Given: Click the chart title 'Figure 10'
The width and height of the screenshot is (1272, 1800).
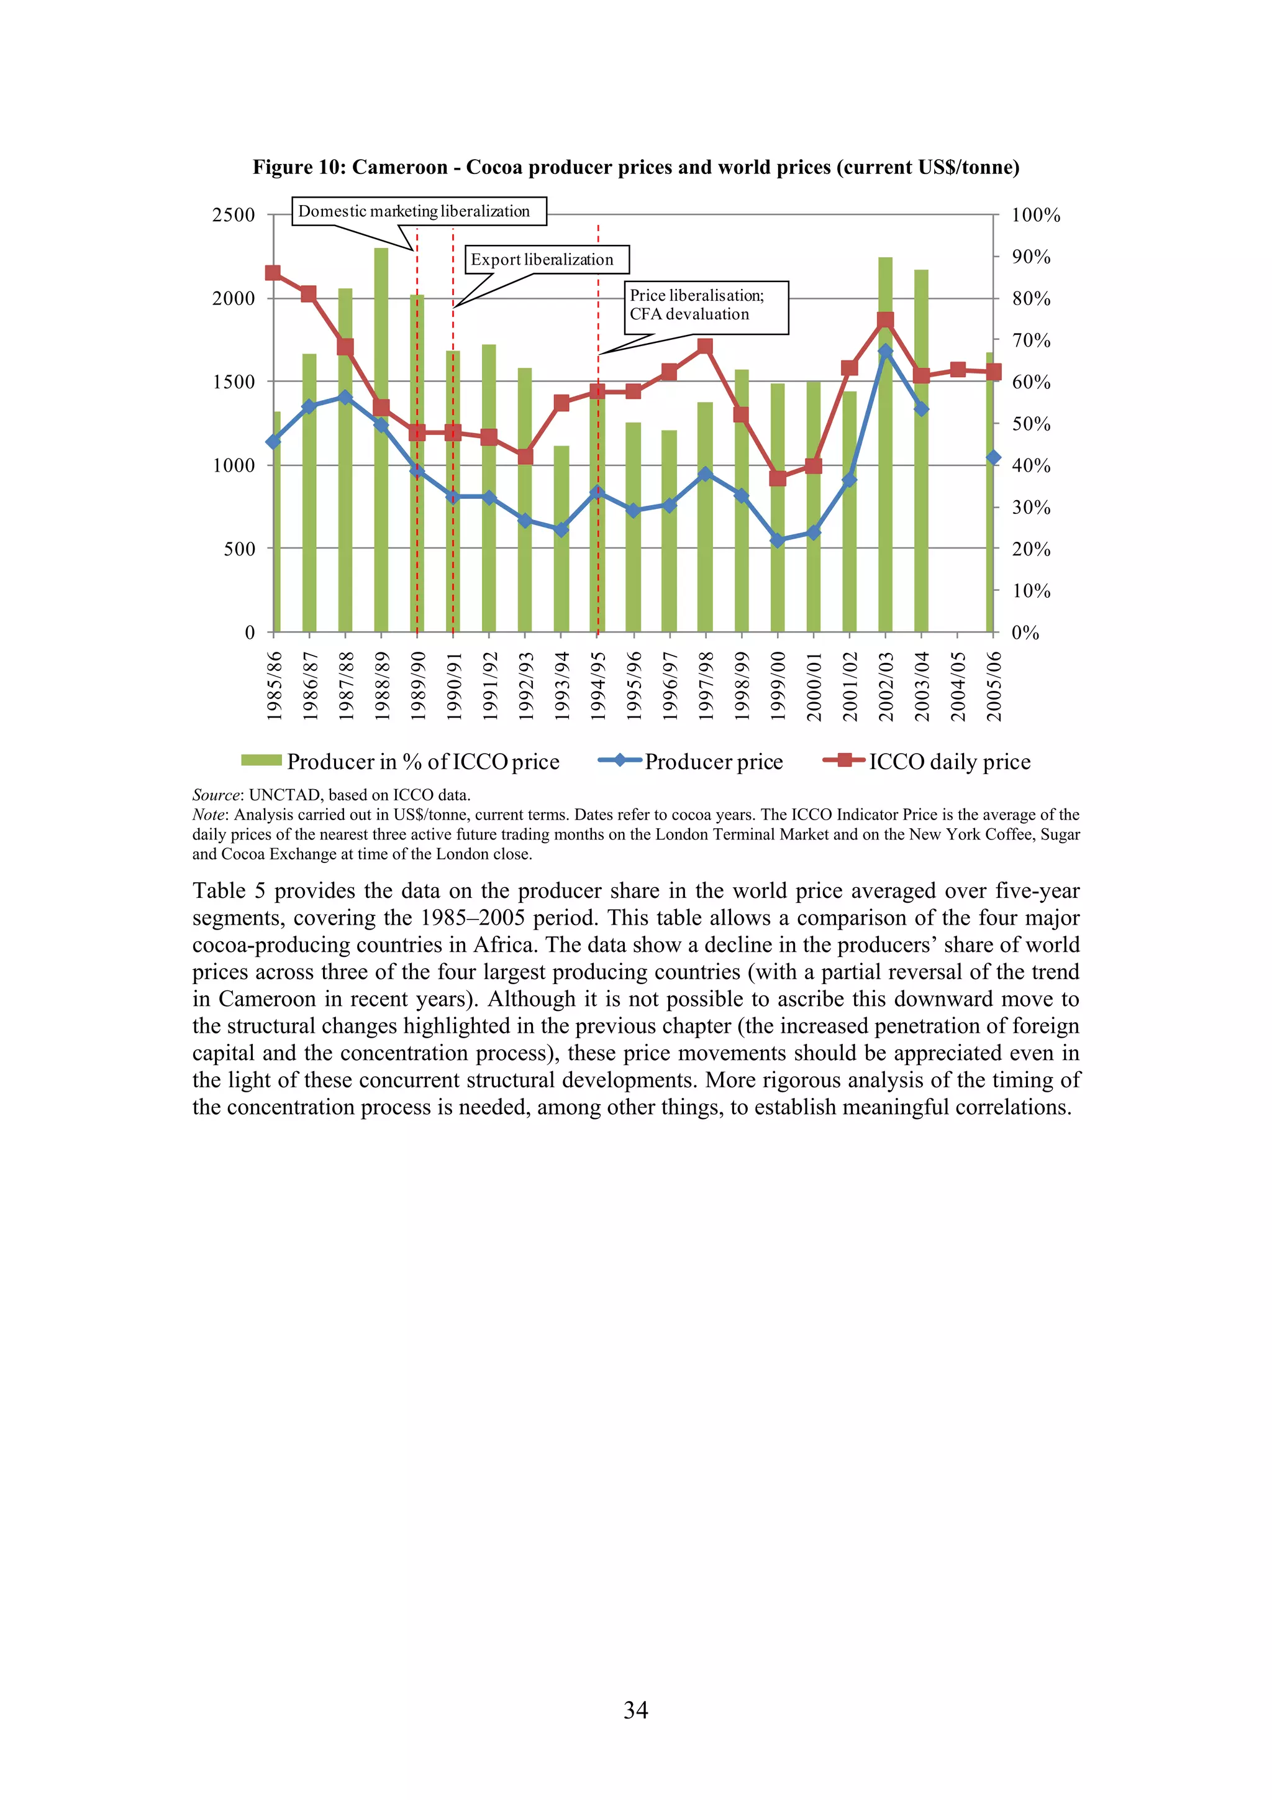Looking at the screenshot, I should tap(635, 167).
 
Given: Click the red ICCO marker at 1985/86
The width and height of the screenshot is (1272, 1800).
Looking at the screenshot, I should tap(273, 273).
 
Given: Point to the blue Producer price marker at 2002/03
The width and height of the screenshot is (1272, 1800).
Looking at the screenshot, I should tap(885, 351).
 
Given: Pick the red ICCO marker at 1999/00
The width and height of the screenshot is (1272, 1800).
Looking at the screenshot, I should tap(778, 478).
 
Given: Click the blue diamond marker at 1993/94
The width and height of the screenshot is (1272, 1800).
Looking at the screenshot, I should tap(561, 530).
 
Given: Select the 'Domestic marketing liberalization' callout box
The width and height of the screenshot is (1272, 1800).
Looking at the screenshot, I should tap(419, 212).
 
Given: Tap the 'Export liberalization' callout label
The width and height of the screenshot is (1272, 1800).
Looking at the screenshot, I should tap(547, 260).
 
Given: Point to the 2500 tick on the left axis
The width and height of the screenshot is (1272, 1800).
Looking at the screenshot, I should tap(234, 215).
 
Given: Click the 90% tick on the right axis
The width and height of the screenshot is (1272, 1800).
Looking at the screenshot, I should tap(1030, 257).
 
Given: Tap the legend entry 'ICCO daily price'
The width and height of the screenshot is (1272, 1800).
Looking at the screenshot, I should tap(927, 761).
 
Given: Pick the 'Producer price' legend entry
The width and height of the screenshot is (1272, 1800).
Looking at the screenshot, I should tap(691, 761).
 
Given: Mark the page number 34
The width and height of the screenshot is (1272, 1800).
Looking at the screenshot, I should tap(635, 1710).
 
